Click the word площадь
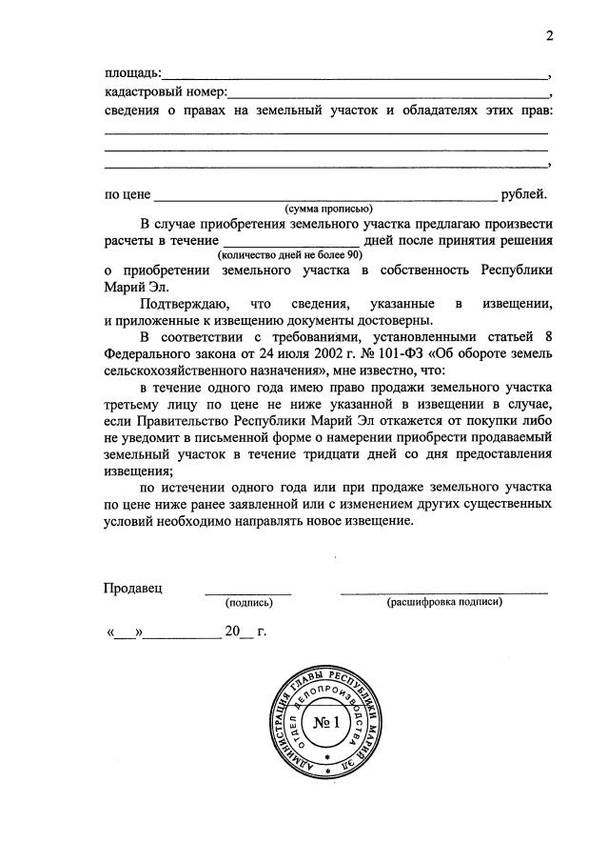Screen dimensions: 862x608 (x=131, y=73)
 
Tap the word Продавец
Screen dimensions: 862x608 (x=133, y=587)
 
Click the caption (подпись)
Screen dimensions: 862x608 (x=248, y=603)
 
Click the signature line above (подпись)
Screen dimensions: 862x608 (x=248, y=593)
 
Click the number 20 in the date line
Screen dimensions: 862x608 (x=233, y=631)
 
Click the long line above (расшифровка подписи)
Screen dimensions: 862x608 (x=444, y=593)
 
